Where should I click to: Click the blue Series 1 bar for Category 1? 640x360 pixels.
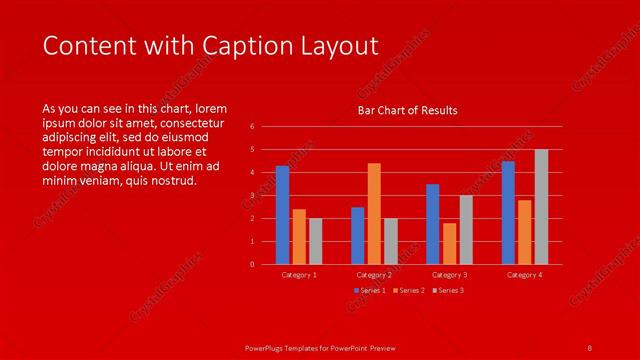(282, 215)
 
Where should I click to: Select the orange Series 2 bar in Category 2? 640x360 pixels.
(374, 214)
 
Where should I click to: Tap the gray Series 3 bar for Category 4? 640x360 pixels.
(541, 207)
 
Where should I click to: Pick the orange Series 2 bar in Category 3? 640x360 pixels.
(449, 244)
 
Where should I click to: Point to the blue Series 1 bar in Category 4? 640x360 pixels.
(508, 213)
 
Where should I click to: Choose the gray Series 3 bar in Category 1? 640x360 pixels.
(315, 241)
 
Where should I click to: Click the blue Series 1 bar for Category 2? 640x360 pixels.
(357, 236)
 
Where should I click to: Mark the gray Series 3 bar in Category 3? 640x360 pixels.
(466, 230)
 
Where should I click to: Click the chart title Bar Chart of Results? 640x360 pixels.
(407, 111)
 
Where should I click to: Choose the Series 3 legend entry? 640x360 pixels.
(449, 290)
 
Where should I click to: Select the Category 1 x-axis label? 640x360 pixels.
(299, 274)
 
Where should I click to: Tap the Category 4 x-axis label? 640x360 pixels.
(524, 274)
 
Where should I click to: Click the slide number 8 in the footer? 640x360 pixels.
(589, 346)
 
